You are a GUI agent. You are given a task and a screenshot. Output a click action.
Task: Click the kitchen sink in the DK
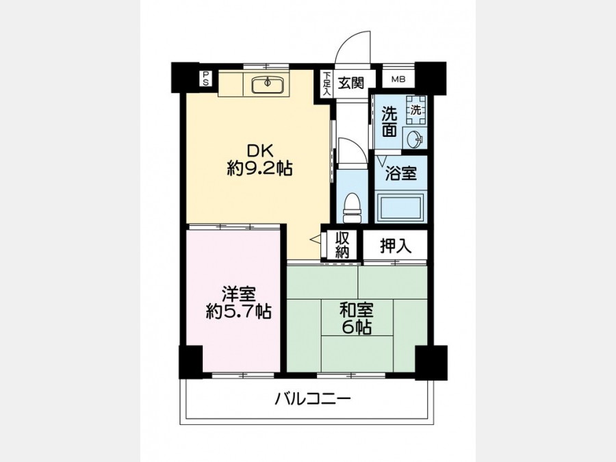click(x=267, y=84)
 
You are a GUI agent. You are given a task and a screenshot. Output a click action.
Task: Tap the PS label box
click(x=205, y=79)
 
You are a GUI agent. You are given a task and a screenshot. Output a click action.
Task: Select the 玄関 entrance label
click(x=352, y=83)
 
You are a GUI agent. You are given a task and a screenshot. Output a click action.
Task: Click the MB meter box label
click(x=398, y=80)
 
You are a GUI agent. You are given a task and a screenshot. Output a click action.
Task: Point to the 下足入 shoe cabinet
click(x=326, y=84)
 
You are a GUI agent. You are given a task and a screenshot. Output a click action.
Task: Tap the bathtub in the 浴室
click(x=400, y=207)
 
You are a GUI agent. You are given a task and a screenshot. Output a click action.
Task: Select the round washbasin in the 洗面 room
click(x=415, y=140)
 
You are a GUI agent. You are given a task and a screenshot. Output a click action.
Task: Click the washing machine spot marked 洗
click(x=415, y=110)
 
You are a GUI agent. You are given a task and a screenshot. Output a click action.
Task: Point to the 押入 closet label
click(x=396, y=246)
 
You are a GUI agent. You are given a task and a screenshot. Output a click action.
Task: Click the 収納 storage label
click(x=342, y=245)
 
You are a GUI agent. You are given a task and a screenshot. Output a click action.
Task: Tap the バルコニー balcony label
click(x=312, y=400)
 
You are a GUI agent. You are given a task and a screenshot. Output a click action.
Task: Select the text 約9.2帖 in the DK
click(x=259, y=169)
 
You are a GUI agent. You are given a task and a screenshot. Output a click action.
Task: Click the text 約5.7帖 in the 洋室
click(x=239, y=311)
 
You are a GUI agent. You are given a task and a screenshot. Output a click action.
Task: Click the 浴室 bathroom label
click(x=400, y=173)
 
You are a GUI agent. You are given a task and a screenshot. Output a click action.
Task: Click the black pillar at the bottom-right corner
click(x=431, y=363)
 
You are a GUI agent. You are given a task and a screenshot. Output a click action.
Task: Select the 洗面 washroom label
click(x=389, y=123)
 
